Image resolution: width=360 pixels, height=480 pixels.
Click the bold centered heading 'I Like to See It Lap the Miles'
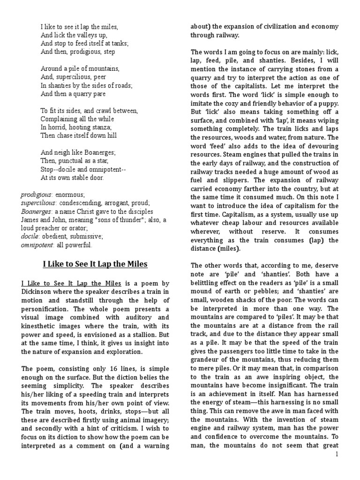(95, 264)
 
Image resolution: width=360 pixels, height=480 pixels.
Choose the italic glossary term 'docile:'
(30, 237)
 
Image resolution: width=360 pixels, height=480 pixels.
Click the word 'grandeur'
(207, 359)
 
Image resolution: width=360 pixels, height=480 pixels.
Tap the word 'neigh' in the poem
(62, 152)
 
